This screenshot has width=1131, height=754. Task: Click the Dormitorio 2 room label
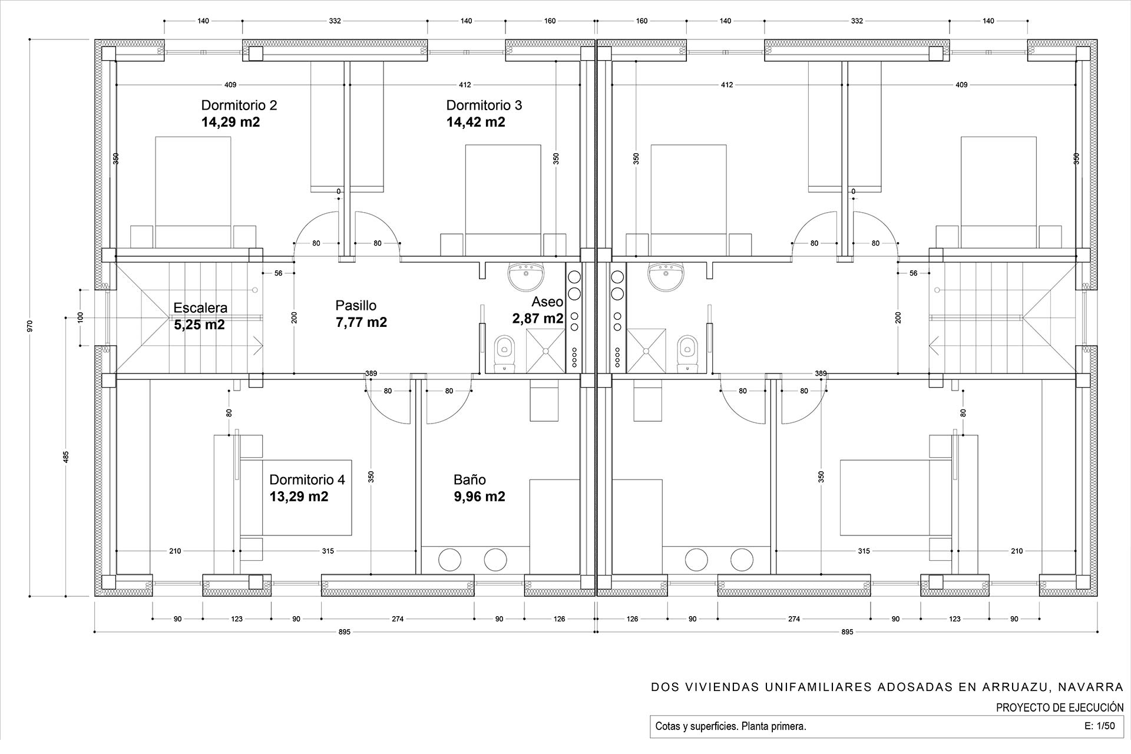tap(239, 105)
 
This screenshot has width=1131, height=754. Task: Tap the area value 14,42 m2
tap(475, 122)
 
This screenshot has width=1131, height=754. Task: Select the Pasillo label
tap(356, 305)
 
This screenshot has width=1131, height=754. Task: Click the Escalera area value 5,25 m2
tap(199, 325)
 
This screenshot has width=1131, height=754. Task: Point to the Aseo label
tap(547, 302)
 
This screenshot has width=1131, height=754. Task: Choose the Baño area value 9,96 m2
tap(479, 497)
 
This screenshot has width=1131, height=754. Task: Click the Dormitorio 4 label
tap(307, 479)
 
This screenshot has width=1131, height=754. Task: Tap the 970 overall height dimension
tap(30, 326)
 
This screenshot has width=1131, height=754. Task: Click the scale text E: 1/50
tap(1099, 726)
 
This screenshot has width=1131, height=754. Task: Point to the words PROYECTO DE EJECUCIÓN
tap(1060, 707)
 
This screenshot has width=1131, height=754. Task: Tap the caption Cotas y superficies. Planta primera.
tap(730, 726)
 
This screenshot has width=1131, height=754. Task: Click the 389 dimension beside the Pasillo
tap(371, 373)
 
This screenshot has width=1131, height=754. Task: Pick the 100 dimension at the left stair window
tap(81, 318)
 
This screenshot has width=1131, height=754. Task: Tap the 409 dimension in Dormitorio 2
tap(230, 85)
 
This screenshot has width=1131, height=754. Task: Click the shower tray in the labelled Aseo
tap(545, 351)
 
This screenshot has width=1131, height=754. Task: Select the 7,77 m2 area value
tap(361, 322)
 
